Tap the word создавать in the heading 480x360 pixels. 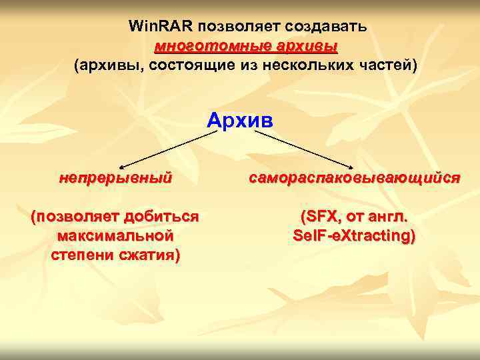pyautogui.click(x=325, y=27)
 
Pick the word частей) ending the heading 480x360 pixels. pyautogui.click(x=392, y=66)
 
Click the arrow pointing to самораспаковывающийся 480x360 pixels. pyautogui.click(x=303, y=148)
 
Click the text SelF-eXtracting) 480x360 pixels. pyautogui.click(x=354, y=236)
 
